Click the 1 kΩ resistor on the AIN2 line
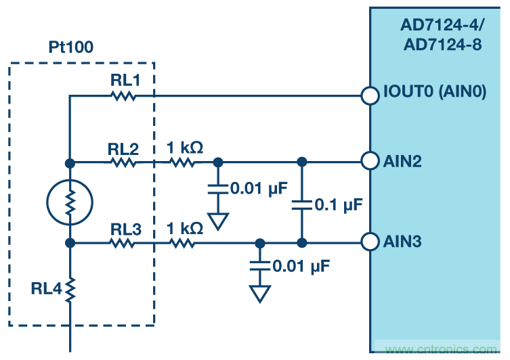(x=184, y=162)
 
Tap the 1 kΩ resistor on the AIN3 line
(x=184, y=242)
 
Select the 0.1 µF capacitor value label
(x=339, y=203)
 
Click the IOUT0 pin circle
(x=370, y=95)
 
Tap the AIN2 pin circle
(x=370, y=162)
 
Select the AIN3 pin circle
(x=370, y=242)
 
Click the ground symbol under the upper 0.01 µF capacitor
(x=218, y=220)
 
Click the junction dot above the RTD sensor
(x=70, y=162)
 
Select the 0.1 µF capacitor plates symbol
(x=301, y=203)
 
